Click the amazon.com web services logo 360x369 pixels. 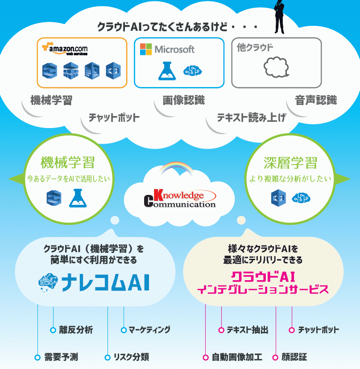pyautogui.click(x=65, y=49)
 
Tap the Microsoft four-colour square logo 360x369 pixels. pyautogui.click(x=146, y=49)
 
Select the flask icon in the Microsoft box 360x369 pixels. pyautogui.click(x=167, y=71)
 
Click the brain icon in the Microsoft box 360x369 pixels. pyautogui.click(x=193, y=70)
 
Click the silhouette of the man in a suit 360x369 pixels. pyautogui.click(x=279, y=17)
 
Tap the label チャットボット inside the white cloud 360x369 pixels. pyautogui.click(x=114, y=117)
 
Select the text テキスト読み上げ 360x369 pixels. pyautogui.click(x=252, y=117)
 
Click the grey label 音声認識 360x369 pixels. pyautogui.click(x=316, y=100)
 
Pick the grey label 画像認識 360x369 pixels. pyautogui.click(x=184, y=100)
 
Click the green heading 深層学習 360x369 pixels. pyautogui.click(x=290, y=162)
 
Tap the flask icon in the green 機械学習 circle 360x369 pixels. pyautogui.click(x=78, y=198)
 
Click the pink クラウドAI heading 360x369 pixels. pyautogui.click(x=263, y=277)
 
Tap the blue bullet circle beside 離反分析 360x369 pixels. pyautogui.click(x=53, y=330)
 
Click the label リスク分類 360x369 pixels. pyautogui.click(x=131, y=357)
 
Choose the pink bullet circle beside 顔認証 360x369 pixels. pyautogui.click(x=275, y=357)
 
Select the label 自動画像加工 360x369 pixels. pyautogui.click(x=237, y=357)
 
